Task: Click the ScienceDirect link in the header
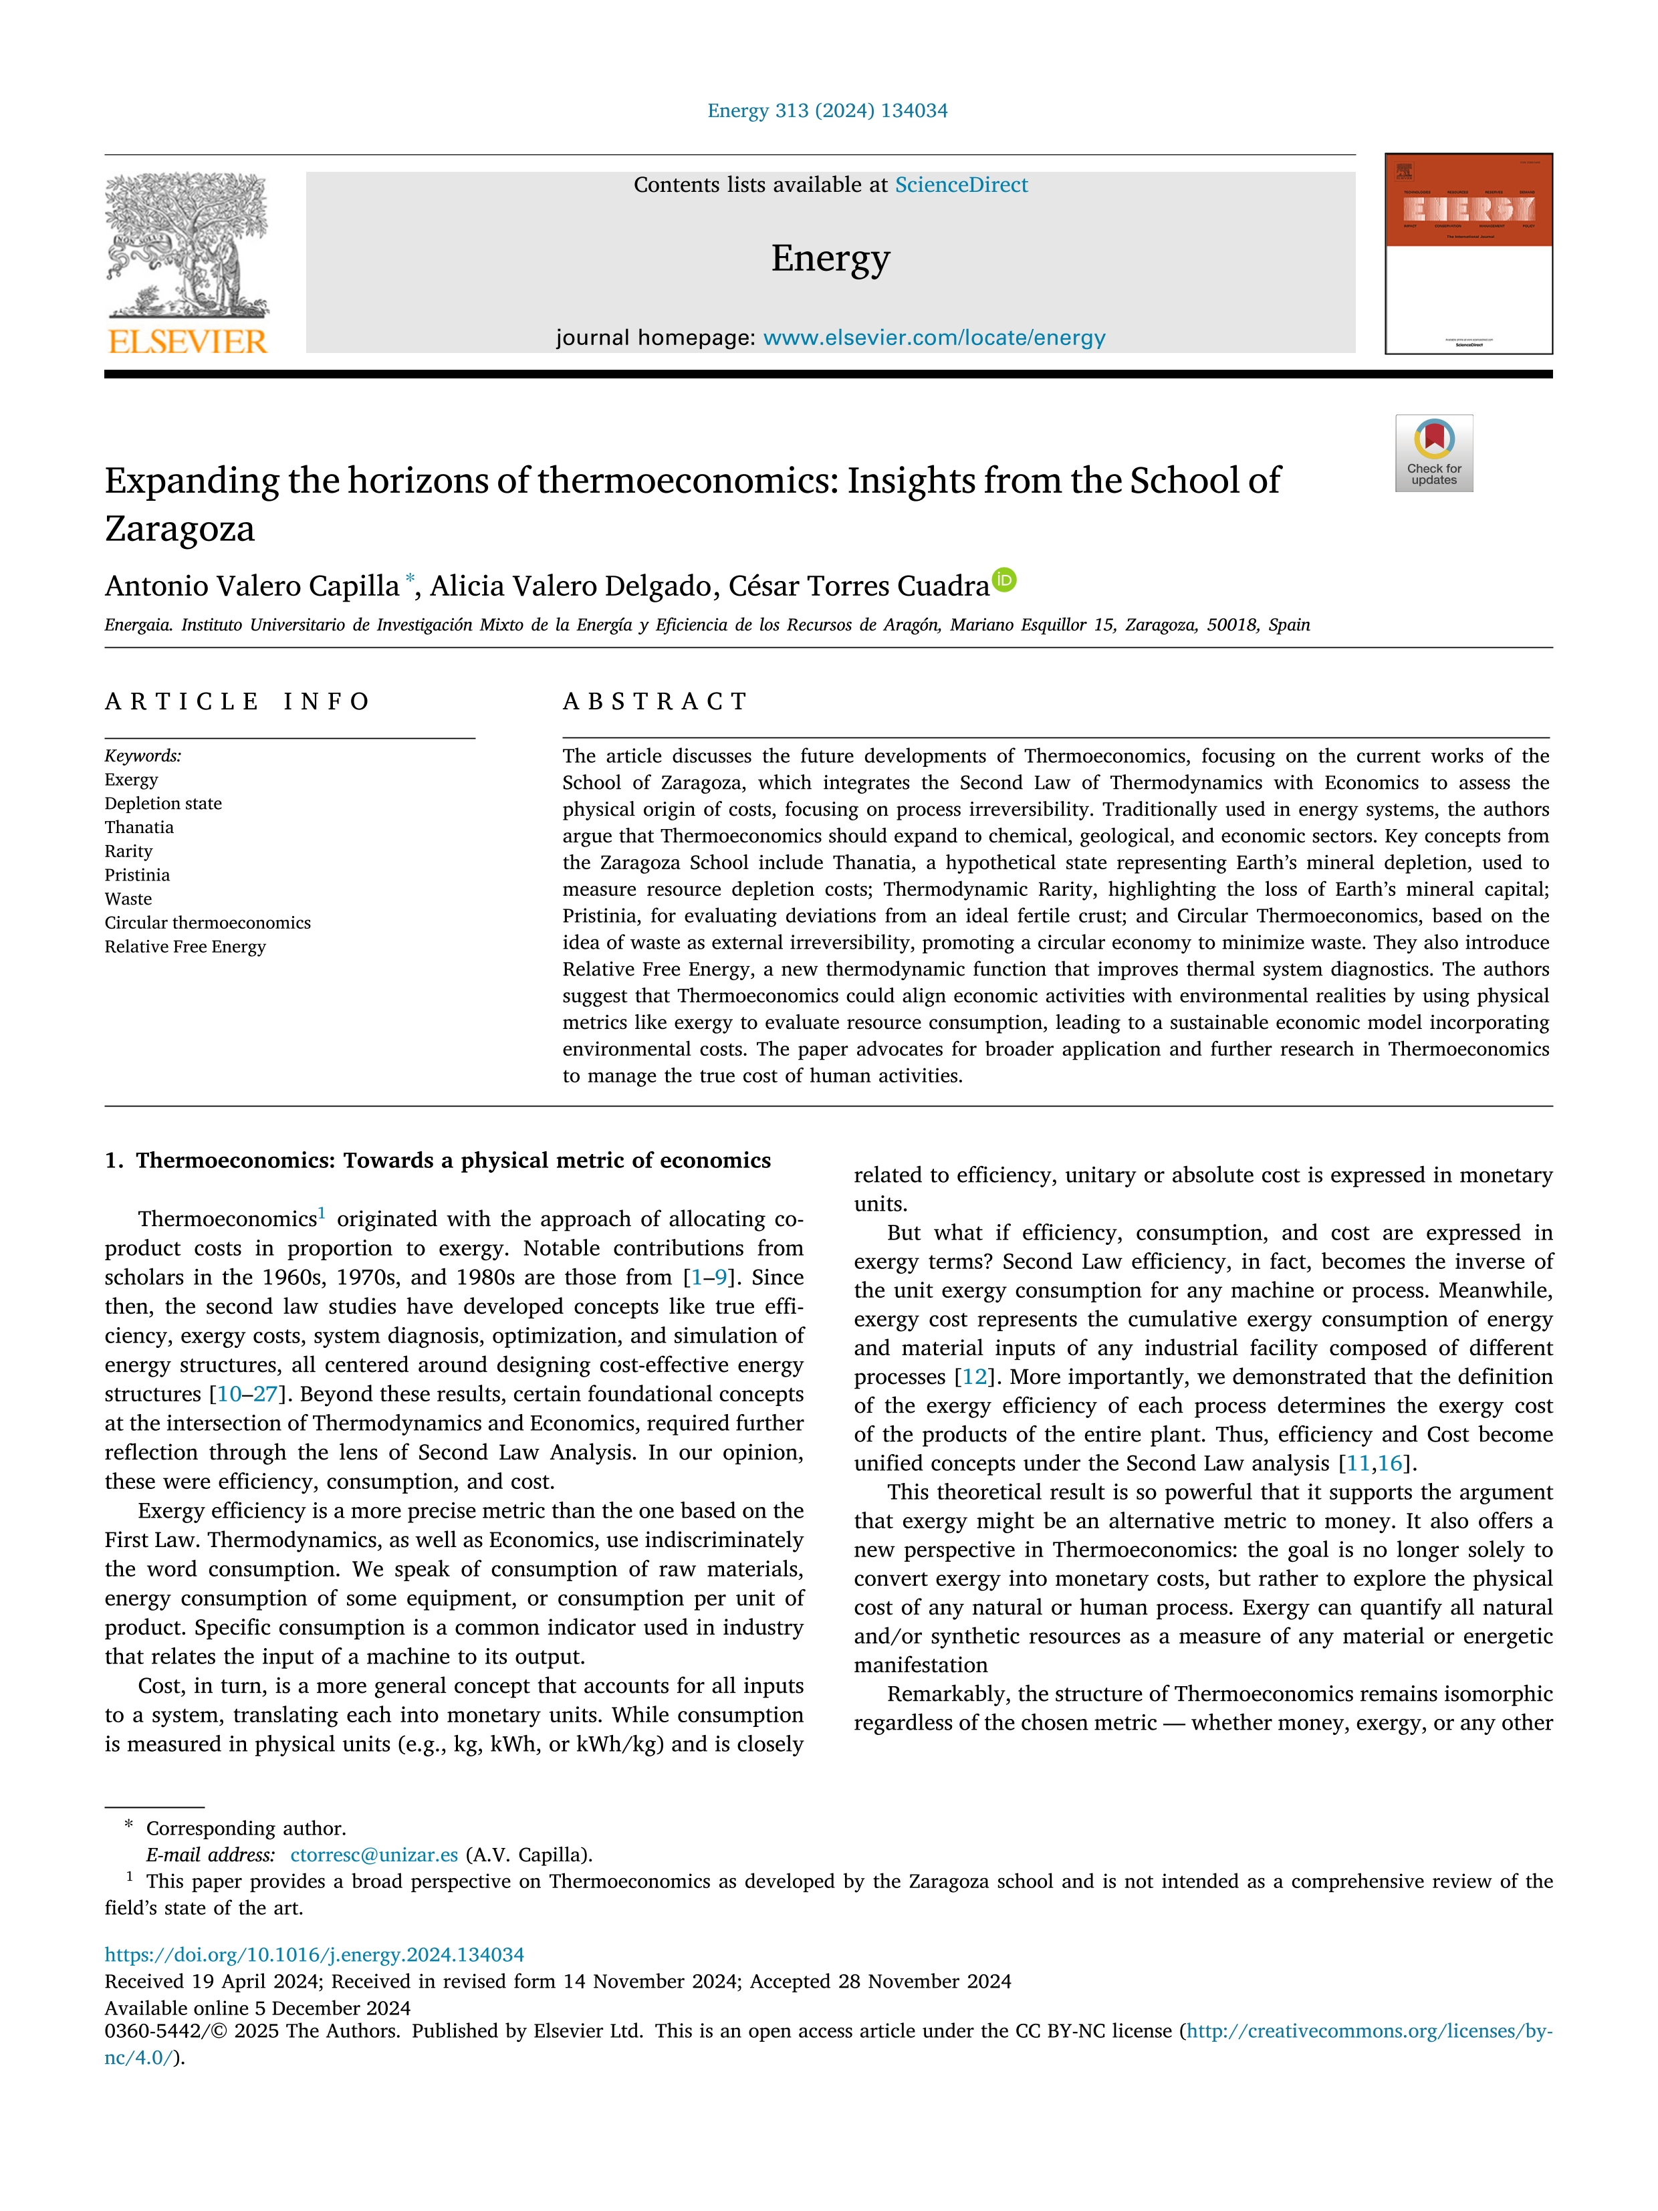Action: pyautogui.click(x=961, y=185)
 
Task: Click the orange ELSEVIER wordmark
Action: pyautogui.click(x=187, y=342)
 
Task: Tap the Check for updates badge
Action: pyautogui.click(x=1433, y=453)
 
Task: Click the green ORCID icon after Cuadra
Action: pyautogui.click(x=1004, y=580)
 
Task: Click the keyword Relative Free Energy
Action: pyautogui.click(x=185, y=947)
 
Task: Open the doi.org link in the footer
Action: pyautogui.click(x=314, y=1955)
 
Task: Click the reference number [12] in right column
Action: pyautogui.click(x=973, y=1377)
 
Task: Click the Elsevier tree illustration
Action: pyautogui.click(x=187, y=245)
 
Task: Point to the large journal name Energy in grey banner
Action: pyautogui.click(x=830, y=258)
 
